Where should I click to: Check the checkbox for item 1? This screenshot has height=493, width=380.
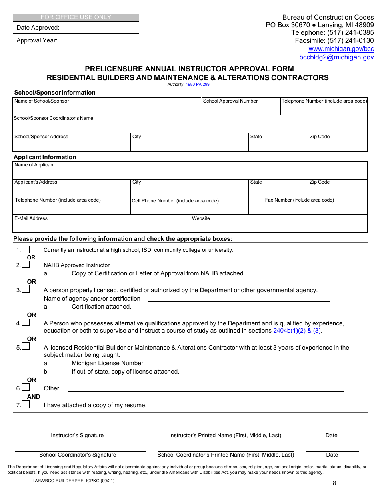[x=26, y=250]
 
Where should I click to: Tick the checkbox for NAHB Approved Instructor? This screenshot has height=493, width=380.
[x=26, y=265]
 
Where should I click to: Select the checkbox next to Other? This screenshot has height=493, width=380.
[x=26, y=387]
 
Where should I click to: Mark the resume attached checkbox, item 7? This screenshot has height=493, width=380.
[x=26, y=404]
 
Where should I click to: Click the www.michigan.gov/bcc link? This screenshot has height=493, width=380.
[x=341, y=49]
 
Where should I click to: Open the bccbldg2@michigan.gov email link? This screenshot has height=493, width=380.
[x=336, y=57]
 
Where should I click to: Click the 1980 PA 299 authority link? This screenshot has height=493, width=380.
[x=197, y=85]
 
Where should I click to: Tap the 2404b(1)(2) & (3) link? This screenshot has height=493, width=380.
[x=297, y=331]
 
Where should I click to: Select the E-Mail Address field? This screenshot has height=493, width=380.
[x=101, y=226]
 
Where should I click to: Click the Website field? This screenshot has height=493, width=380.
[x=278, y=226]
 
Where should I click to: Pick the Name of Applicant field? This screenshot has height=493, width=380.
[x=190, y=172]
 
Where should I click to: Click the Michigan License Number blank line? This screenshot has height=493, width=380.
[x=192, y=363]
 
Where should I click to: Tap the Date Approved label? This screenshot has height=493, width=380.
[x=38, y=28]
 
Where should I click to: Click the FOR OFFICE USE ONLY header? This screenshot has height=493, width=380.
[x=76, y=17]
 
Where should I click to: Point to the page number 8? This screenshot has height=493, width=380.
[x=334, y=483]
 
